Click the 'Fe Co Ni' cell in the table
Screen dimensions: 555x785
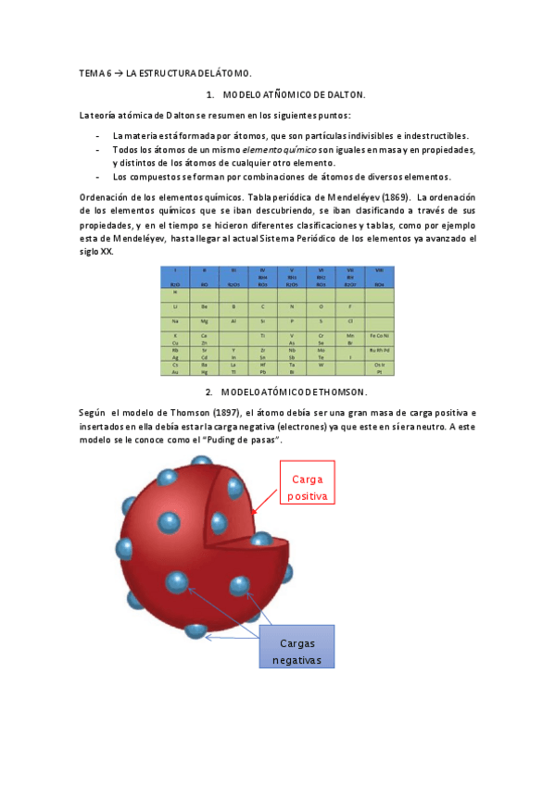[379, 335]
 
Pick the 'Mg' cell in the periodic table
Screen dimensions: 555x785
[205, 320]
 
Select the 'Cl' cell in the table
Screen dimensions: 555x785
[350, 320]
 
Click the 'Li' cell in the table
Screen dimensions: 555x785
[176, 305]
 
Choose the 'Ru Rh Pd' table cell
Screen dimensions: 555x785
[379, 350]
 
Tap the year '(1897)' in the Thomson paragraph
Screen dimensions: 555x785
[209, 411]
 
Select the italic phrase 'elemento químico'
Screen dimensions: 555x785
[280, 148]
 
